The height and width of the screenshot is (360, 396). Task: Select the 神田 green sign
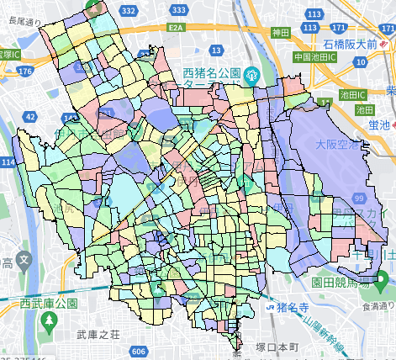(x=280, y=31)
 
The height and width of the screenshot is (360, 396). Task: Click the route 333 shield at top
(x=178, y=10)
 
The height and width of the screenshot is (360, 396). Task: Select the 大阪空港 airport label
(x=335, y=144)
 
